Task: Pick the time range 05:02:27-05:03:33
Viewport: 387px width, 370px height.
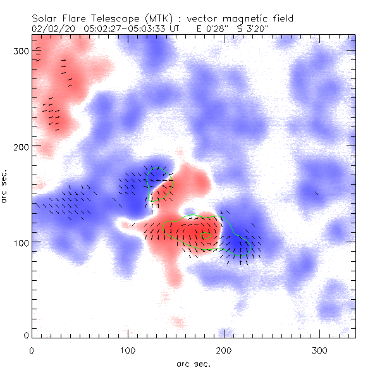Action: pyautogui.click(x=123, y=28)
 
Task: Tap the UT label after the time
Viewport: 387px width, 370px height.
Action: pyautogui.click(x=175, y=28)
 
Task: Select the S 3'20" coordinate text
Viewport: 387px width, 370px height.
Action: pyautogui.click(x=252, y=28)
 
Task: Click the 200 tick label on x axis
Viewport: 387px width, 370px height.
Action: pyautogui.click(x=224, y=350)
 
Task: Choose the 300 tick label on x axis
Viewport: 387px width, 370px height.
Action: pyautogui.click(x=321, y=350)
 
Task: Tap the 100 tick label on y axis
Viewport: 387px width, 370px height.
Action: pyautogui.click(x=20, y=242)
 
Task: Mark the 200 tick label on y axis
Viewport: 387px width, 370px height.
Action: pyautogui.click(x=20, y=146)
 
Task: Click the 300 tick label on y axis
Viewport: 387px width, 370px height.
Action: pyautogui.click(x=20, y=50)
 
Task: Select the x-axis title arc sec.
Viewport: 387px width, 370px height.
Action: pyautogui.click(x=193, y=363)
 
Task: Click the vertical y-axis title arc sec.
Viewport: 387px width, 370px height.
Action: pyautogui.click(x=5, y=186)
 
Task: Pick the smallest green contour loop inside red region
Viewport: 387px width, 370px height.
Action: pyautogui.click(x=206, y=235)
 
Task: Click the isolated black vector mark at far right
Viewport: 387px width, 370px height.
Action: pyautogui.click(x=317, y=193)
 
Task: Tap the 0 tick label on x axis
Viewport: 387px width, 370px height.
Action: pyautogui.click(x=32, y=350)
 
